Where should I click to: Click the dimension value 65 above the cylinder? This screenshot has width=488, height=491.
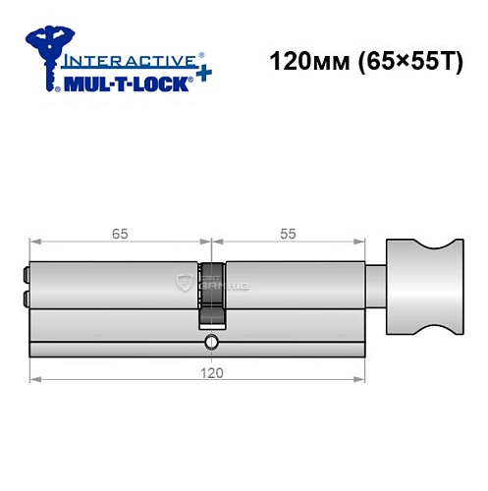click(x=120, y=234)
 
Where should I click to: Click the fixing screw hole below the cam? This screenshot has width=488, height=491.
click(x=210, y=342)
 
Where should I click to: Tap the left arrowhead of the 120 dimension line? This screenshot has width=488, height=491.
click(x=34, y=378)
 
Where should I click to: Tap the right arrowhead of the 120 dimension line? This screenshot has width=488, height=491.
click(x=362, y=378)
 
